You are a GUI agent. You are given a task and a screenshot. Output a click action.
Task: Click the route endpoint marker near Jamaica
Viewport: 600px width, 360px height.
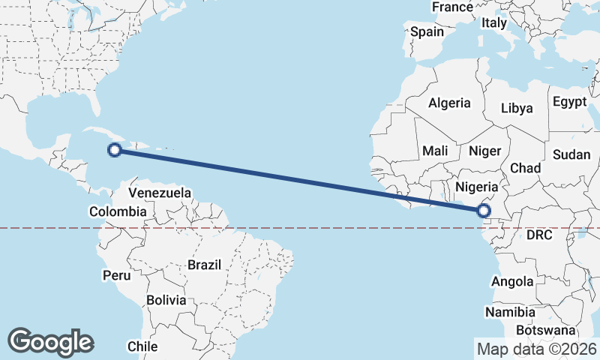[115, 150]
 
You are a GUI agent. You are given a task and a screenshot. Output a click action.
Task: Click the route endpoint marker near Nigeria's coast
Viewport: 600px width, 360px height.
[484, 211]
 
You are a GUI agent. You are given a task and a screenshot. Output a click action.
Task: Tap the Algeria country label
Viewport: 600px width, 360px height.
[449, 103]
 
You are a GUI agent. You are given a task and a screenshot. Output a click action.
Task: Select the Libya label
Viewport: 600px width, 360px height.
[517, 108]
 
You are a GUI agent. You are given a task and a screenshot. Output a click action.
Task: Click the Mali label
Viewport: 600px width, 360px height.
[435, 151]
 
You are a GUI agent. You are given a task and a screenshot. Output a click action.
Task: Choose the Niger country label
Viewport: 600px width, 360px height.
[484, 151]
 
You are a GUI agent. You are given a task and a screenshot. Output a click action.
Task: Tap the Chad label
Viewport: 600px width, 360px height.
[526, 168]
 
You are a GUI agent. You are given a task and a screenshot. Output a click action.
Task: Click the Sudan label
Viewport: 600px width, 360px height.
[571, 154]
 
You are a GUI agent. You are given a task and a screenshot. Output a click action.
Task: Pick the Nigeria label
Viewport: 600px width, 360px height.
[477, 187]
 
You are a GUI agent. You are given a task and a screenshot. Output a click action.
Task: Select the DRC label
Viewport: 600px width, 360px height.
[538, 235]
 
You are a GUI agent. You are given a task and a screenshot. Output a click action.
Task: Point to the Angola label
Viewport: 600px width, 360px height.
[512, 282]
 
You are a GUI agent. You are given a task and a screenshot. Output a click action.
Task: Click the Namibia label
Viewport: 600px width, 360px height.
[510, 312]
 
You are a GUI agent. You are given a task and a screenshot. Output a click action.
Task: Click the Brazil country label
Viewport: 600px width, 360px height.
[204, 265]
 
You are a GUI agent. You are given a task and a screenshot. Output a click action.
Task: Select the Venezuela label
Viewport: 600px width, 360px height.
[160, 193]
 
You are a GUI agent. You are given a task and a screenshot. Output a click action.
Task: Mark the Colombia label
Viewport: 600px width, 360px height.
[118, 212]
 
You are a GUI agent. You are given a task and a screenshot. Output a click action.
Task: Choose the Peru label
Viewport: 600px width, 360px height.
[116, 275]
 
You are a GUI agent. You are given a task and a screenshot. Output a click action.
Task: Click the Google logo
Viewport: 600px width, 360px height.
[50, 342]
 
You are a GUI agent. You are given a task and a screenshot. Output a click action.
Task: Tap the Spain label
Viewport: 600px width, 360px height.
[427, 32]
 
